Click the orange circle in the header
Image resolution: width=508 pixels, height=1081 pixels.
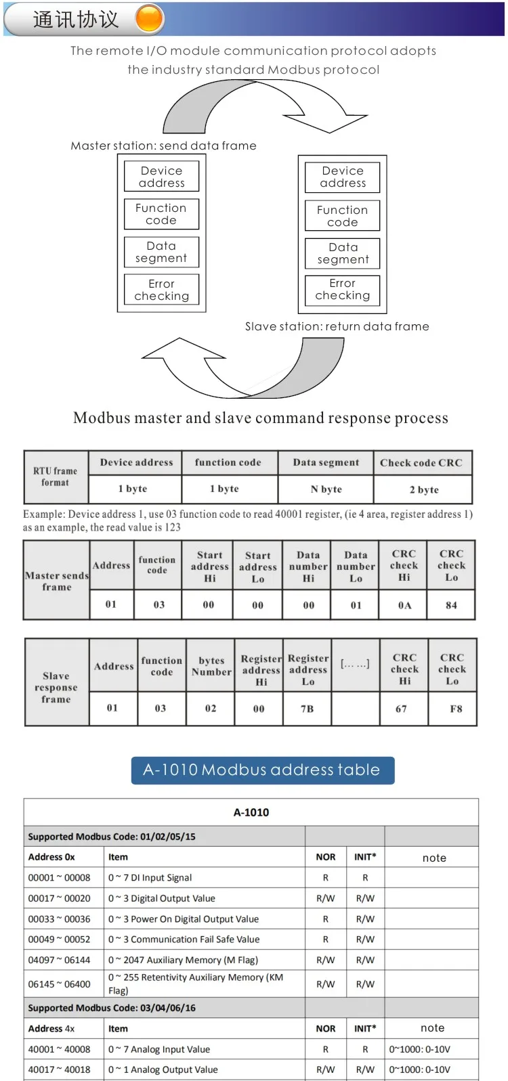(x=150, y=19)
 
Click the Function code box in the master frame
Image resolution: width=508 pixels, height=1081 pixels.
(x=161, y=214)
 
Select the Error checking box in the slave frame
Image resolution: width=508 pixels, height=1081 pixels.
(x=343, y=290)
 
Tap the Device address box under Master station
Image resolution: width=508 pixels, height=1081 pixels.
(x=161, y=177)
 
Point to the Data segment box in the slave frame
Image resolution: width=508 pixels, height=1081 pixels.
(x=343, y=253)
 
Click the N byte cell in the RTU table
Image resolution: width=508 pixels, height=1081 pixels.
(x=326, y=489)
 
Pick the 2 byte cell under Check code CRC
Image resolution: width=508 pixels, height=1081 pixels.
(x=423, y=489)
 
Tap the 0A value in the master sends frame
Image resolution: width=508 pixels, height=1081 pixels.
(x=404, y=605)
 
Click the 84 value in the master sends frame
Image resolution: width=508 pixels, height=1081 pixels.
(x=451, y=605)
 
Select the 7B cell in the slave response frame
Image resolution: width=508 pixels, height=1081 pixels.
(x=308, y=709)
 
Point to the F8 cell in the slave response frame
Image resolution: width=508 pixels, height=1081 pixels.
(x=456, y=709)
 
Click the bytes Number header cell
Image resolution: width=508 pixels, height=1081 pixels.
(x=211, y=666)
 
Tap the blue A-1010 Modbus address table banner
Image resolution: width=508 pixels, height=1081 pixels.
(x=262, y=770)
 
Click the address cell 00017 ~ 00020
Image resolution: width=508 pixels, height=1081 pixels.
(x=59, y=898)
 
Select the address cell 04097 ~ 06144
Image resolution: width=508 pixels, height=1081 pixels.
(x=59, y=960)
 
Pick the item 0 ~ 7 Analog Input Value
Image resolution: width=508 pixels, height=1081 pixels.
(x=160, y=1049)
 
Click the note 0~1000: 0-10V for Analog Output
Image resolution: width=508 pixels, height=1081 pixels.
(x=420, y=1069)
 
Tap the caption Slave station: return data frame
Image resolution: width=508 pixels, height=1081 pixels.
(x=337, y=326)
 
